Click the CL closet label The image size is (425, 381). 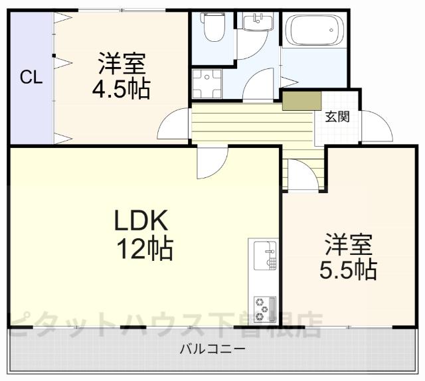[31, 77]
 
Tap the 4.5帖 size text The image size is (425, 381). [121, 90]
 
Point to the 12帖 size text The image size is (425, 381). [145, 249]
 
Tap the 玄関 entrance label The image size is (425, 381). [337, 117]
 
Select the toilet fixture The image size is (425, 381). [213, 28]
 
